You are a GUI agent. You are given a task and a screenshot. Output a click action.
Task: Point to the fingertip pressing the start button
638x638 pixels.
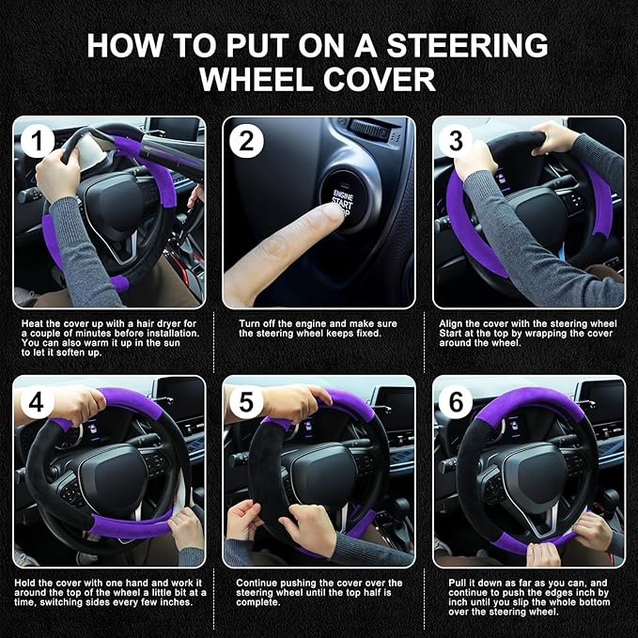[329, 215]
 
